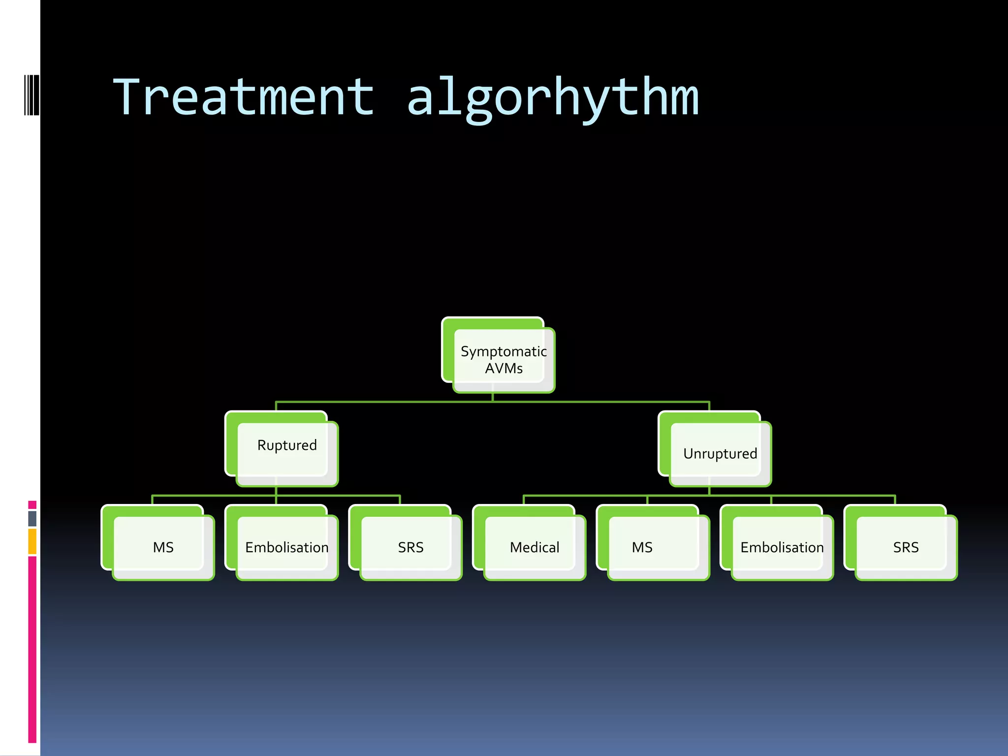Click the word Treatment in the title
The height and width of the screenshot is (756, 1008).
tap(244, 97)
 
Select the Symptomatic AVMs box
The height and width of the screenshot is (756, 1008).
tap(503, 360)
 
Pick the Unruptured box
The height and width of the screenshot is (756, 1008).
tap(720, 453)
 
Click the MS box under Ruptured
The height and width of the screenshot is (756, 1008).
tap(163, 547)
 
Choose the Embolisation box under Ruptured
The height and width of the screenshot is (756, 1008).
tap(287, 547)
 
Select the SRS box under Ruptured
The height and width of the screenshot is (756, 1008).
tap(410, 547)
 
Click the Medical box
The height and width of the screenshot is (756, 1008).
tap(535, 547)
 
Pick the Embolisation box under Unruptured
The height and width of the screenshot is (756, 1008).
tap(782, 547)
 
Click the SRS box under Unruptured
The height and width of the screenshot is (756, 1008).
tap(906, 547)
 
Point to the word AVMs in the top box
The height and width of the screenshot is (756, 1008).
tap(504, 369)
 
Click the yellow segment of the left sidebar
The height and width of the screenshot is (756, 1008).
tap(32, 541)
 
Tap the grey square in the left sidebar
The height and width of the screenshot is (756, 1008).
tap(32, 518)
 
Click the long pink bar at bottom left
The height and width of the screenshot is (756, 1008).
tap(32, 650)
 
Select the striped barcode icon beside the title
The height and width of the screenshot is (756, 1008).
tap(31, 95)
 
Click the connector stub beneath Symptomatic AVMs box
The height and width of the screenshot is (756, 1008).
tap(493, 397)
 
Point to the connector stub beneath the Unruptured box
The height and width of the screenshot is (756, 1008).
tap(709, 491)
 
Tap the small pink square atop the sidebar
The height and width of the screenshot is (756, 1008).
tap(32, 505)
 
